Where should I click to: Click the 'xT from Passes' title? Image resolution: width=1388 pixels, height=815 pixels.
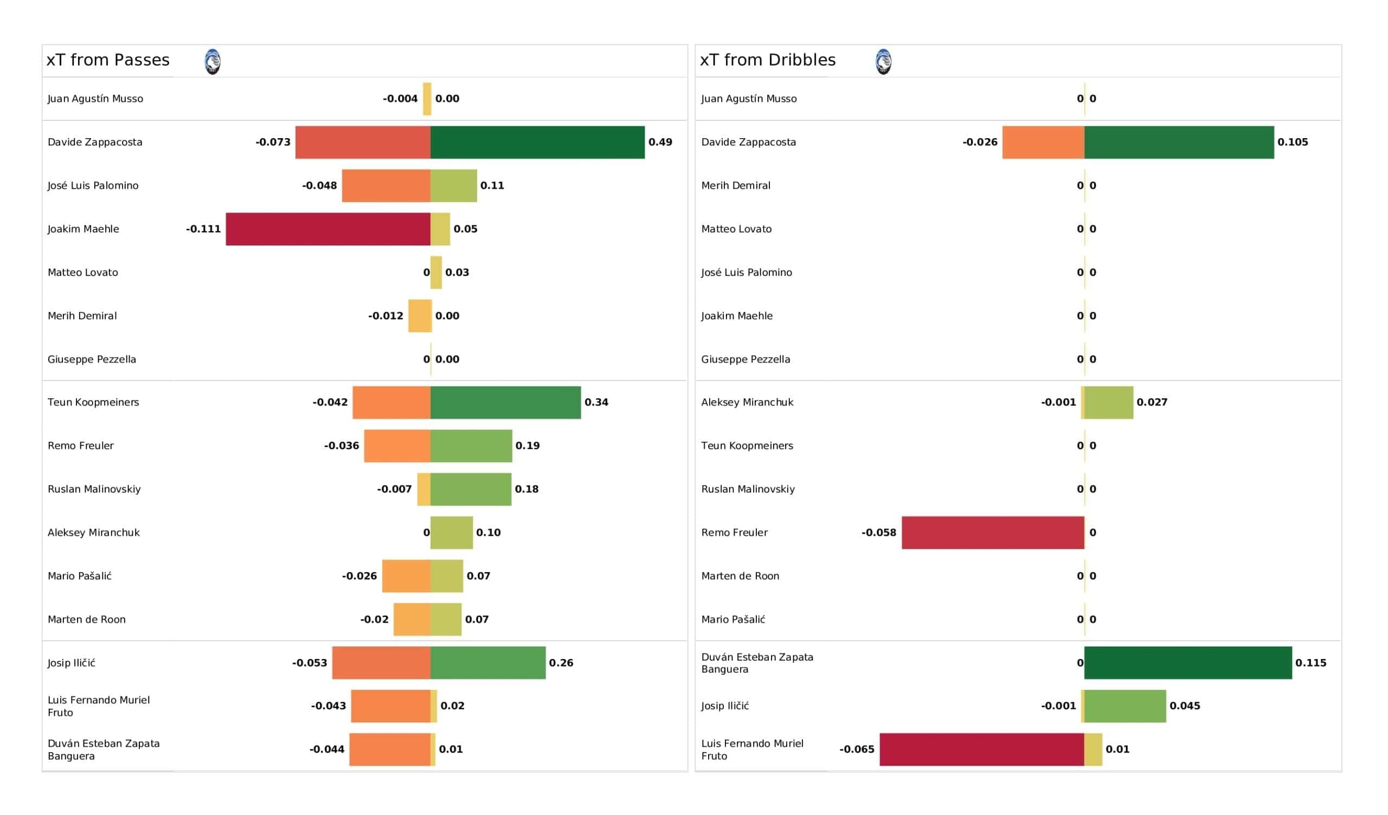[x=108, y=60]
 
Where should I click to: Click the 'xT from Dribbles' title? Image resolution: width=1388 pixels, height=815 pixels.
[x=768, y=60]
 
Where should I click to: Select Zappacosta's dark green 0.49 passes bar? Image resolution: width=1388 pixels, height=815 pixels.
[x=537, y=143]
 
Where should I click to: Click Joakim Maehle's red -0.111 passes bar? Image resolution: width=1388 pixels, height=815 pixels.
[x=328, y=229]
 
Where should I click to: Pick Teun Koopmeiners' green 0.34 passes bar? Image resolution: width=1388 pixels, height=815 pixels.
[x=506, y=403]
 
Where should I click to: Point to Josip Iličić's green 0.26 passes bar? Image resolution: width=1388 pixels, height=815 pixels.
[x=488, y=663]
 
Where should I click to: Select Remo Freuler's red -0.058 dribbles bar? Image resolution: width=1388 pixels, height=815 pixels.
[x=993, y=533]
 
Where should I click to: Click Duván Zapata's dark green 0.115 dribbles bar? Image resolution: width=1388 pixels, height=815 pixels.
[x=1188, y=663]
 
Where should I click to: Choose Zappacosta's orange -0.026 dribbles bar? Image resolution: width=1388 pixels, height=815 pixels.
[x=1043, y=143]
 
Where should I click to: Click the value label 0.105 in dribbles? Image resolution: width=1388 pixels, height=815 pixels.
[x=1293, y=142]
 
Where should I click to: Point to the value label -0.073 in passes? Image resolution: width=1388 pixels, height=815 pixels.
[x=273, y=142]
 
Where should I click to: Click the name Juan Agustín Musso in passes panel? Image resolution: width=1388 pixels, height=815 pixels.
[x=95, y=99]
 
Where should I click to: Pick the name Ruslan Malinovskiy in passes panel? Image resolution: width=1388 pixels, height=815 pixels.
[x=94, y=489]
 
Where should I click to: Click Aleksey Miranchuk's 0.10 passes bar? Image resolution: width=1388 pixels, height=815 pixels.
[x=452, y=533]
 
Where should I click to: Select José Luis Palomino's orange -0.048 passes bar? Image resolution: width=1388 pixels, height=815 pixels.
[x=386, y=186]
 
